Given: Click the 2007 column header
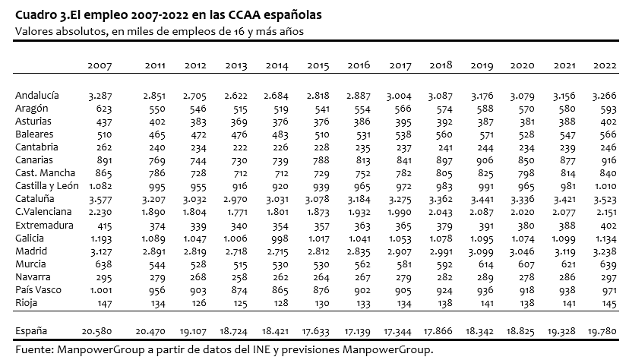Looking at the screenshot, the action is tap(100, 65).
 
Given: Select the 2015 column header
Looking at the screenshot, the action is tap(318, 65).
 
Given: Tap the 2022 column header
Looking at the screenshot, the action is tap(605, 65).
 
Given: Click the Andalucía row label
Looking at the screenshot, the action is tap(37, 96).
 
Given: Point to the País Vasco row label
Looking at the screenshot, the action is tap(38, 290).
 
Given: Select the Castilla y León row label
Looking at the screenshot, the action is tap(47, 186).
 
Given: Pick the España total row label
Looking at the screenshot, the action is tap(31, 331).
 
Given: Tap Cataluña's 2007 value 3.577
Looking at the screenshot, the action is tap(100, 199).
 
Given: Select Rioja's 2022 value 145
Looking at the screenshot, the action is tap(608, 304).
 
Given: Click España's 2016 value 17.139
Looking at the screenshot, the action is tap(357, 332).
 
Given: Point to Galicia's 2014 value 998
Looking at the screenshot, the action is tap(280, 238).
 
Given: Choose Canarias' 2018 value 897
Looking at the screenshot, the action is tap(444, 160).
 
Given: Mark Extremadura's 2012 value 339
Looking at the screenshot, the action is tap(198, 226).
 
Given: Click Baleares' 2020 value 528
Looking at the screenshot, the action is tap(526, 134).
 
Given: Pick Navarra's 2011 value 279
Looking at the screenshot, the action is tap(156, 277).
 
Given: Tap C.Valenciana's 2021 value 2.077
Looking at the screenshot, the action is tap(564, 213).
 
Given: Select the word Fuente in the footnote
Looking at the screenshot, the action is tap(34, 349).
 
